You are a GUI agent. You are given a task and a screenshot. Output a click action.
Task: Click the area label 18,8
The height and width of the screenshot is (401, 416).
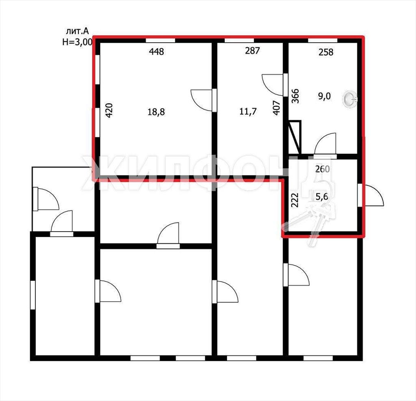point(156,112)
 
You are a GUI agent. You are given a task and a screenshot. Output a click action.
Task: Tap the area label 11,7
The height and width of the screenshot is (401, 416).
point(248,111)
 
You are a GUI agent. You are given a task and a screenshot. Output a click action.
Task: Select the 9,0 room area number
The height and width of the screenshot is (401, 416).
point(325,96)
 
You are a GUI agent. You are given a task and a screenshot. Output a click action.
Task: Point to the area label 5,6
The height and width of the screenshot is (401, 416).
point(322,197)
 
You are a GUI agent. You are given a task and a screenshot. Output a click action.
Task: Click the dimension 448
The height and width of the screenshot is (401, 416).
point(156,51)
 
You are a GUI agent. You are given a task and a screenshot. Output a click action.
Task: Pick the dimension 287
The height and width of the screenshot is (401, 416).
point(252,50)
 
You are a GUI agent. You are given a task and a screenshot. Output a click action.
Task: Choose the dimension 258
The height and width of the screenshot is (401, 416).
point(326,52)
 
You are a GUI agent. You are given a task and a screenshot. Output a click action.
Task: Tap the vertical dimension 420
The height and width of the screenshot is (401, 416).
point(109,110)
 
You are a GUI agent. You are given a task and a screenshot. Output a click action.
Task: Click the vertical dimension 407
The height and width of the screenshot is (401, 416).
point(276,108)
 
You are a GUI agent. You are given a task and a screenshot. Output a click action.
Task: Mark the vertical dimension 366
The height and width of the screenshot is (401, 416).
point(295,96)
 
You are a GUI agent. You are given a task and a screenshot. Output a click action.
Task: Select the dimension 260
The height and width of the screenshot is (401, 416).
point(322,169)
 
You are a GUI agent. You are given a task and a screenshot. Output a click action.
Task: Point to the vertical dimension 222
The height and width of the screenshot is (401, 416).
point(295,200)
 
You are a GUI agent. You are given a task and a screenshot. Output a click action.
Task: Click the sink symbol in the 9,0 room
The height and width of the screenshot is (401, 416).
point(350,99)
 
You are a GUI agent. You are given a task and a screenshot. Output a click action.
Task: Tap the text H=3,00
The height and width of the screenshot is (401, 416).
point(78,42)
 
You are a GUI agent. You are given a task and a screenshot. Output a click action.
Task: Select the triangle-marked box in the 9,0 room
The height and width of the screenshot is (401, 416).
point(295,137)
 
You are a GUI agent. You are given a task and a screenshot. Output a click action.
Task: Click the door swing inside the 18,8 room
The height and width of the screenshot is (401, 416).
point(201,100)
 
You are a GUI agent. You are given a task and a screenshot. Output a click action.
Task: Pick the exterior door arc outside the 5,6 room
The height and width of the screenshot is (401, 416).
point(374,195)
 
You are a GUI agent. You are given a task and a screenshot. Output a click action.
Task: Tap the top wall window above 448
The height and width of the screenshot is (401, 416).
point(160,40)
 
